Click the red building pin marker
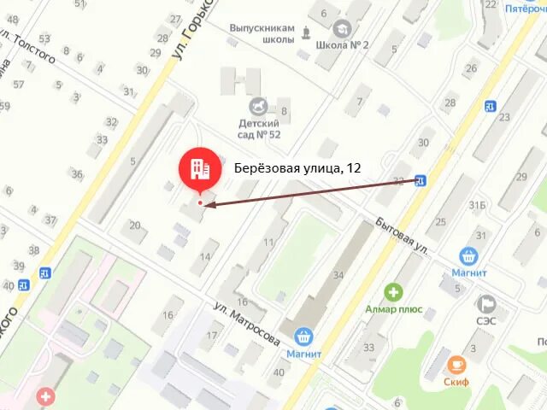[200, 168]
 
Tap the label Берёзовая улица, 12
[297, 169]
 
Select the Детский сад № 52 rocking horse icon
[258, 106]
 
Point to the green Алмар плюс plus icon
[392, 292]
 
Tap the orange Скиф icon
[456, 365]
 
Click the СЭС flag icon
[486, 303]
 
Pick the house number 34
[338, 275]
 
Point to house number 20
[134, 225]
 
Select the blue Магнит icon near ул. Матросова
[303, 337]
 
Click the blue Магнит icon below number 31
[468, 255]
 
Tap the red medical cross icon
[44, 396]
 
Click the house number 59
[4, 106]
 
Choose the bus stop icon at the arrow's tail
[421, 180]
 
